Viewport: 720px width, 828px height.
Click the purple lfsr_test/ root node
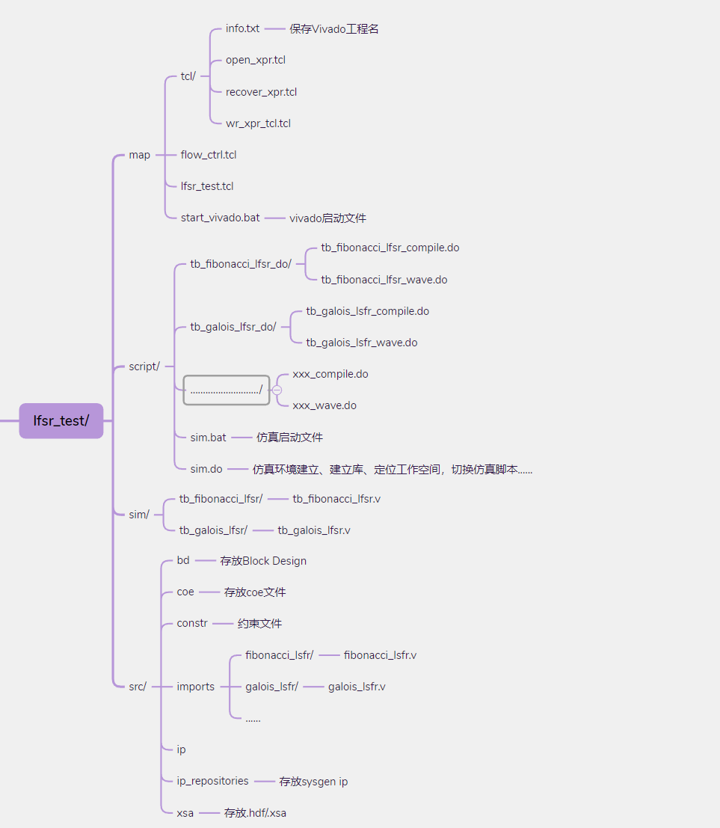tap(61, 420)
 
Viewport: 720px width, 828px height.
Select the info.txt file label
tap(242, 28)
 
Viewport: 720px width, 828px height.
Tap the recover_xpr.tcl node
tap(261, 92)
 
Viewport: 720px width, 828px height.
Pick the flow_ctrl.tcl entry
tap(208, 155)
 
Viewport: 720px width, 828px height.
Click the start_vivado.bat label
tap(220, 218)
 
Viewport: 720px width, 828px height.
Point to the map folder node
tap(139, 155)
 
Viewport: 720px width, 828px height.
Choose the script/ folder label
tap(144, 366)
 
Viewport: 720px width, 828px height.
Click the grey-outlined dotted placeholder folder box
tap(226, 390)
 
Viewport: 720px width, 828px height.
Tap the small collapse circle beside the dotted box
tap(277, 390)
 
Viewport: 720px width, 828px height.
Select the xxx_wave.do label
tap(324, 405)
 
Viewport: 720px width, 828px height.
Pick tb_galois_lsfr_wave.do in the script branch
tap(361, 343)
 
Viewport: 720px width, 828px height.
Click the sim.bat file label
tap(208, 437)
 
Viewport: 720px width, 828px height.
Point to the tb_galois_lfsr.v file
tap(313, 530)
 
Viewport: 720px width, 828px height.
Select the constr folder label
tap(192, 623)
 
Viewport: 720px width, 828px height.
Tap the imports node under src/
tap(195, 687)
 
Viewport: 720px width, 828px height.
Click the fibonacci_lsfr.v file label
tap(380, 655)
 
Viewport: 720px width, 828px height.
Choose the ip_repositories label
tap(212, 781)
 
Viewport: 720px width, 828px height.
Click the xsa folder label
tap(185, 812)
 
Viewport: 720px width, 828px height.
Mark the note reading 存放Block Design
tap(263, 561)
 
